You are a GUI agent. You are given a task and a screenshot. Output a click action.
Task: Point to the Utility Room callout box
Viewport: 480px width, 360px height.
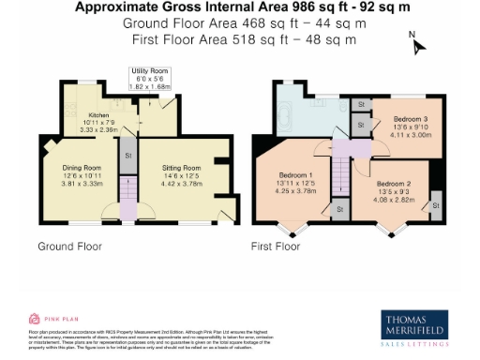pos(151,77)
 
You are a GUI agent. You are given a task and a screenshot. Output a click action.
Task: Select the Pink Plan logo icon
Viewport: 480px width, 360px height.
pos(35,318)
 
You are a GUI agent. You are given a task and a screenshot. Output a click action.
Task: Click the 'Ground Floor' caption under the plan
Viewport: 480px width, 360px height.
pos(69,247)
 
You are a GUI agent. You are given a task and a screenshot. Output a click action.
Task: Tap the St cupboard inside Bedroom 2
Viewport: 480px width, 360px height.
pos(436,205)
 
